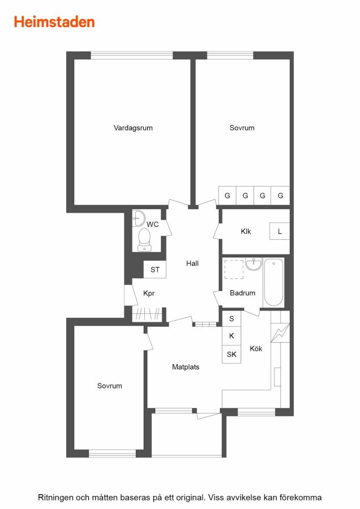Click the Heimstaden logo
(54, 22)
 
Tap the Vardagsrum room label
(133, 128)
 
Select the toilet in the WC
(144, 240)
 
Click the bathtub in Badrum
(273, 282)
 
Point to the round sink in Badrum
(254, 264)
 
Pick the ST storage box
(155, 269)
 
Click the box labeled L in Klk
(280, 231)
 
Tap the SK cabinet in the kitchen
(232, 354)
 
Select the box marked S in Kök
(232, 318)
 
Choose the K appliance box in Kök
(232, 335)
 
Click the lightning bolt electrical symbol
(280, 333)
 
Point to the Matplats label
(186, 367)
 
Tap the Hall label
(192, 263)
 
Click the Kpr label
(149, 294)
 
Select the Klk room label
(246, 231)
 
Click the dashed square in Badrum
(234, 269)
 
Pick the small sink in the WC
(140, 218)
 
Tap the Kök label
(256, 348)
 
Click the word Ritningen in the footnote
(55, 498)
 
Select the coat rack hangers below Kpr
(148, 314)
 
